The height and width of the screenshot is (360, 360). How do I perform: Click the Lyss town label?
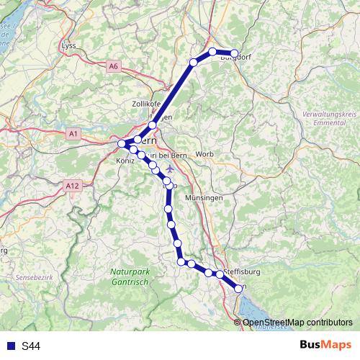[x=69, y=46]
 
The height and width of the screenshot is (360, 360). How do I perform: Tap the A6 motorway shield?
[x=114, y=66]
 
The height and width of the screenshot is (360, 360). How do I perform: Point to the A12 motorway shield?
[x=71, y=186]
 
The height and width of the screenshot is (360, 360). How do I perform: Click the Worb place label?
[x=204, y=154]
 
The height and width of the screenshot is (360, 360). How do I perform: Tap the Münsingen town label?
[x=204, y=197]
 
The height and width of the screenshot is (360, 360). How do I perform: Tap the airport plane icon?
[x=169, y=168]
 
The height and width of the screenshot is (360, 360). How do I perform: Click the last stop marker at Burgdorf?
[x=234, y=53]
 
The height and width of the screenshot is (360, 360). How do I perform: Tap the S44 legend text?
[x=30, y=346]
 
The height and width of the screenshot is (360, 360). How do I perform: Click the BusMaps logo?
[x=325, y=345]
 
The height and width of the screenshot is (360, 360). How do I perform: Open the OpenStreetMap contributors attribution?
[x=297, y=322]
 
